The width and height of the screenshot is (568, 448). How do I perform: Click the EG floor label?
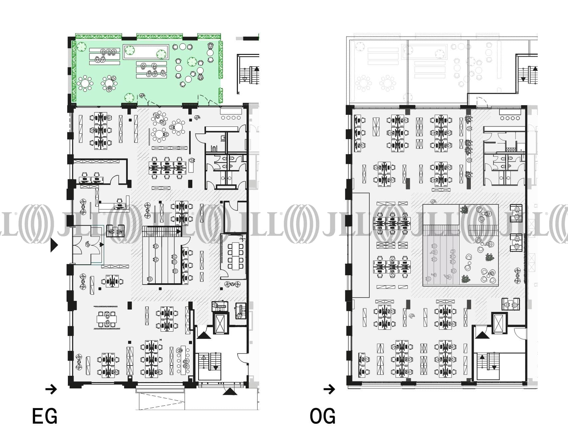45,416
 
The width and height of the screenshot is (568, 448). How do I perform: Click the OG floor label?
322,416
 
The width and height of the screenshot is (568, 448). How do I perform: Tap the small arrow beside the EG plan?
51,389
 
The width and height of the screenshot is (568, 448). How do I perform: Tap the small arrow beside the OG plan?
329,389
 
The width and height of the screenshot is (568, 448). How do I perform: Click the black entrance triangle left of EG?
54,246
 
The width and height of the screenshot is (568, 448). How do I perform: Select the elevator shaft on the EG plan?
220,323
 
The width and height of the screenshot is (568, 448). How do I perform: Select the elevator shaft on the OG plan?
499,323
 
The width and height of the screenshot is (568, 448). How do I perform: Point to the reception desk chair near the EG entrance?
119,202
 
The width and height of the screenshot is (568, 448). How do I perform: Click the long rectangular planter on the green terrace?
146,52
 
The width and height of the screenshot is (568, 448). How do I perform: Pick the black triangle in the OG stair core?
482,335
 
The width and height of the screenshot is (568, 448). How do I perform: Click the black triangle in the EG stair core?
203,335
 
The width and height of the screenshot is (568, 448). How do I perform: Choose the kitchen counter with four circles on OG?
510,115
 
